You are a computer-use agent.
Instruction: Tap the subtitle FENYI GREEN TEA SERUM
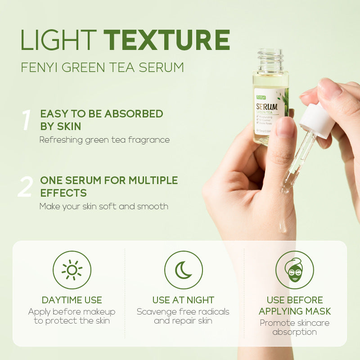(x=103, y=67)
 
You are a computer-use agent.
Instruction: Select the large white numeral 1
(x=26, y=121)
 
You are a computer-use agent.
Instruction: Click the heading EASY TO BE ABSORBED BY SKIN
(x=101, y=120)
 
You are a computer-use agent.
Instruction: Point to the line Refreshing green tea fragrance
(x=104, y=139)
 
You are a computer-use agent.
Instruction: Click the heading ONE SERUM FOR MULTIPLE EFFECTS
(x=109, y=187)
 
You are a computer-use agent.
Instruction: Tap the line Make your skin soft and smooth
(x=103, y=207)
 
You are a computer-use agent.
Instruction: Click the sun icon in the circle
(x=72, y=270)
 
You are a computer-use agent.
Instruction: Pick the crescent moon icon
(x=183, y=270)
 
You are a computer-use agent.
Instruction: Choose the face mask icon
(x=295, y=270)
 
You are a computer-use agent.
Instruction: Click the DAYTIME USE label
(x=72, y=300)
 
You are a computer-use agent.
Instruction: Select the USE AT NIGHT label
(x=183, y=300)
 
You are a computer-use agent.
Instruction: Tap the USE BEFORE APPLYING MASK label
(x=295, y=306)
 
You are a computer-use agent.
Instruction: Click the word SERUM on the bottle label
(x=266, y=107)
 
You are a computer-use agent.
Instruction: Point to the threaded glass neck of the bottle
(x=270, y=60)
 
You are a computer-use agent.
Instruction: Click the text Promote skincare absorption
(x=295, y=328)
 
